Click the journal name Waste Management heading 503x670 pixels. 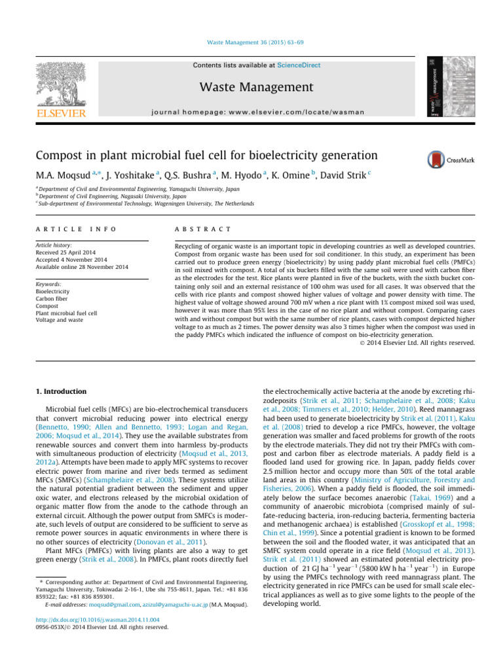[251, 87]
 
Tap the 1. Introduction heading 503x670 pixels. [60, 391]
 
